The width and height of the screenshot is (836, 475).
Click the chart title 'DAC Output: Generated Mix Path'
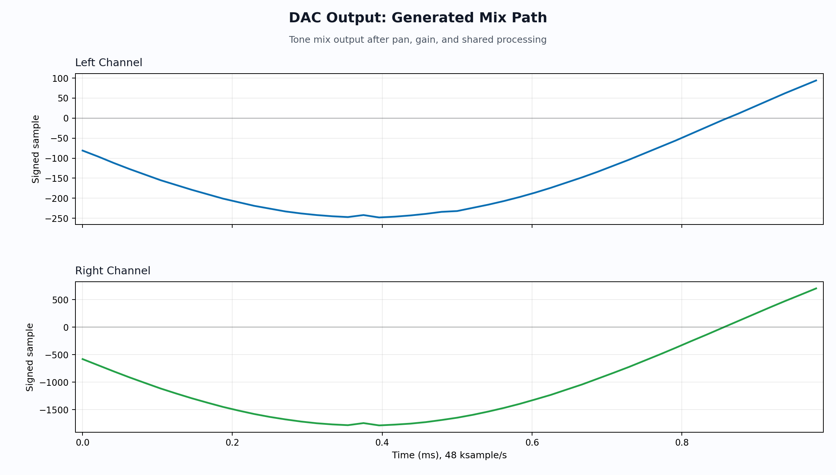[418, 18]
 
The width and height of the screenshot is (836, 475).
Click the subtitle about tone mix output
[418, 40]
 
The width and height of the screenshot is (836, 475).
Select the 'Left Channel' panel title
[108, 62]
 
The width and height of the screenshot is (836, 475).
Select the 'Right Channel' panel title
[113, 271]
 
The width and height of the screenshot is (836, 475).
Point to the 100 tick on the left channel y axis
[61, 78]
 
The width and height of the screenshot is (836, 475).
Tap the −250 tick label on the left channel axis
[57, 219]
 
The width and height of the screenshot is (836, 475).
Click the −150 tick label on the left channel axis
[57, 178]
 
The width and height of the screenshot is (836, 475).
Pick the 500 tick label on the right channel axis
[61, 300]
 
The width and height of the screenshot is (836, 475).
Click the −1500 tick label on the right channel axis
[54, 410]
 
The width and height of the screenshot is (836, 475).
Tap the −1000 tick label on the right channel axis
[54, 382]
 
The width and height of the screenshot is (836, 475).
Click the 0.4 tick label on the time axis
[382, 443]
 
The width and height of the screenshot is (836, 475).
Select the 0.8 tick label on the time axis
[682, 443]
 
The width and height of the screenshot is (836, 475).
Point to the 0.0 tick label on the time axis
[82, 443]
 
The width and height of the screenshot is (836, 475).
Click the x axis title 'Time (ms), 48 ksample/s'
[449, 455]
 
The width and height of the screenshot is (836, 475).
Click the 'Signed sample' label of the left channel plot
[36, 149]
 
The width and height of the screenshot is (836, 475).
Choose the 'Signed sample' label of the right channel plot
[30, 357]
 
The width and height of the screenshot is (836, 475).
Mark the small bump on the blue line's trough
[363, 215]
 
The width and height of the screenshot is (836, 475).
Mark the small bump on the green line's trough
[363, 423]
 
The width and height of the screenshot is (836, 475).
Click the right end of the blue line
[816, 80]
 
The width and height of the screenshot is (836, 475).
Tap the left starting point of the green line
[82, 359]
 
